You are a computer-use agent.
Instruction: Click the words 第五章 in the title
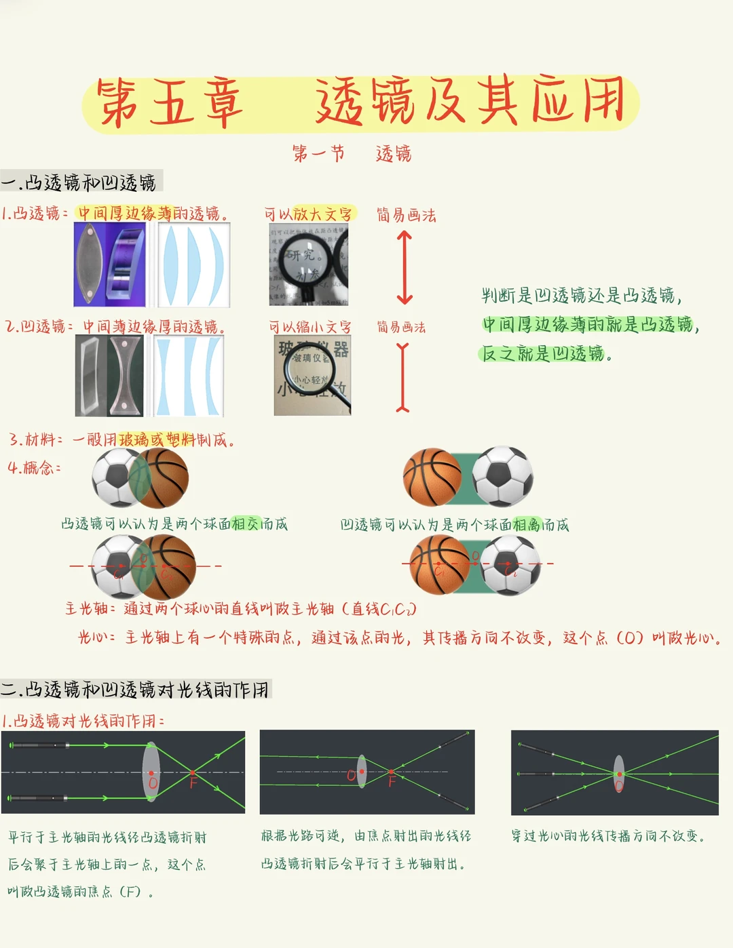pyautogui.click(x=170, y=102)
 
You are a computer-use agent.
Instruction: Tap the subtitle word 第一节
pyautogui.click(x=318, y=153)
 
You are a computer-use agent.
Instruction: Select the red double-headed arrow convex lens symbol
pyautogui.click(x=405, y=267)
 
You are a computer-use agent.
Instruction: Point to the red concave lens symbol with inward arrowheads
pyautogui.click(x=403, y=378)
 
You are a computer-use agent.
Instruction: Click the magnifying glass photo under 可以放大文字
pyautogui.click(x=309, y=264)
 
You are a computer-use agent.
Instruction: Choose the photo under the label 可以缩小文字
pyautogui.click(x=312, y=375)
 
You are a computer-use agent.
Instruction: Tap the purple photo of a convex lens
pyautogui.click(x=109, y=264)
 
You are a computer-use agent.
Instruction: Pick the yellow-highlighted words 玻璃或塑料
pyautogui.click(x=157, y=439)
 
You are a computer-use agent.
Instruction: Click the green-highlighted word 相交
pyautogui.click(x=245, y=524)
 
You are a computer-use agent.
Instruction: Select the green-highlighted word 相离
pyautogui.click(x=527, y=524)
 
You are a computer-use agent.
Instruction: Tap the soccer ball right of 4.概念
pyautogui.click(x=117, y=477)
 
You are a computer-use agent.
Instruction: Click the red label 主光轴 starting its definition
pyautogui.click(x=86, y=608)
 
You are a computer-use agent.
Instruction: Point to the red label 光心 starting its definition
pyautogui.click(x=92, y=637)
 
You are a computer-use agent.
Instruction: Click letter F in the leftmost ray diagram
pyautogui.click(x=193, y=783)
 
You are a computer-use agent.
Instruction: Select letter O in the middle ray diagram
pyautogui.click(x=351, y=775)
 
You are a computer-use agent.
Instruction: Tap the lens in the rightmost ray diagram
pyautogui.click(x=618, y=772)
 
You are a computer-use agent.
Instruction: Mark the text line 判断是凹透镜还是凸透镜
pyautogui.click(x=581, y=296)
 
